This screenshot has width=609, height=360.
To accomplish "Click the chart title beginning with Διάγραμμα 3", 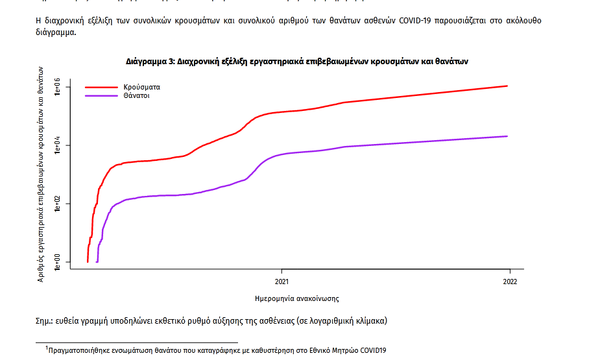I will pyautogui.click(x=297, y=61).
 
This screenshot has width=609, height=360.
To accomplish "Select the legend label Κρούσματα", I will pyautogui.click(x=141, y=86).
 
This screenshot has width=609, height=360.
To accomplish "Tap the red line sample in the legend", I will pyautogui.click(x=101, y=86).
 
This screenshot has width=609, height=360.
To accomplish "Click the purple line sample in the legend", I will pyautogui.click(x=101, y=96).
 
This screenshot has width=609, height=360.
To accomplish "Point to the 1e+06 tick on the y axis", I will pyautogui.click(x=57, y=87).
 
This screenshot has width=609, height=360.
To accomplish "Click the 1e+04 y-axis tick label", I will pyautogui.click(x=57, y=145).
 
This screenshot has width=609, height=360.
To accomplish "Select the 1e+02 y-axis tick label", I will pyautogui.click(x=57, y=204).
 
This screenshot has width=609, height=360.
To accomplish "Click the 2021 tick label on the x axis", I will pyautogui.click(x=281, y=282).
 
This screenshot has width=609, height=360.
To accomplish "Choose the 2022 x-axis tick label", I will pyautogui.click(x=510, y=282).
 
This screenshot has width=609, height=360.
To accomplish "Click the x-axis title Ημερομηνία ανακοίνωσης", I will pyautogui.click(x=298, y=299).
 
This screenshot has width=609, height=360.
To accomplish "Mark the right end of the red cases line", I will pyautogui.click(x=507, y=86).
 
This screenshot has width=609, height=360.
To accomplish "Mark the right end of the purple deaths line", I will pyautogui.click(x=507, y=136).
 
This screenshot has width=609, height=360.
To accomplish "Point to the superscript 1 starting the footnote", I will pyautogui.click(x=47, y=348).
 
